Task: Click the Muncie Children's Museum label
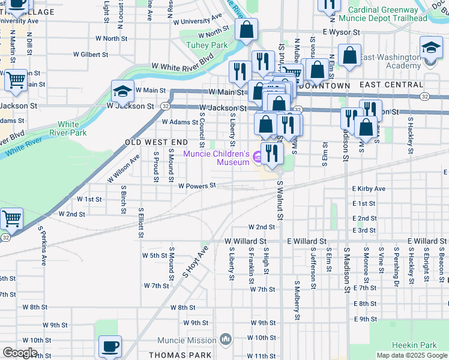(216, 158)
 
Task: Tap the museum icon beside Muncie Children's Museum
(258, 158)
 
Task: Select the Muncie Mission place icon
(226, 340)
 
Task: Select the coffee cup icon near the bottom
(110, 346)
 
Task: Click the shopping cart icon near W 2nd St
(12, 219)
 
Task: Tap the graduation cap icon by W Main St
(122, 91)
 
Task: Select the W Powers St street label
(197, 185)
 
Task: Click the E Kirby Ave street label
(369, 188)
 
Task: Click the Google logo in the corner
(19, 353)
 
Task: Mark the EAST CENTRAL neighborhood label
(396, 85)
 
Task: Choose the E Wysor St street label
(340, 32)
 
